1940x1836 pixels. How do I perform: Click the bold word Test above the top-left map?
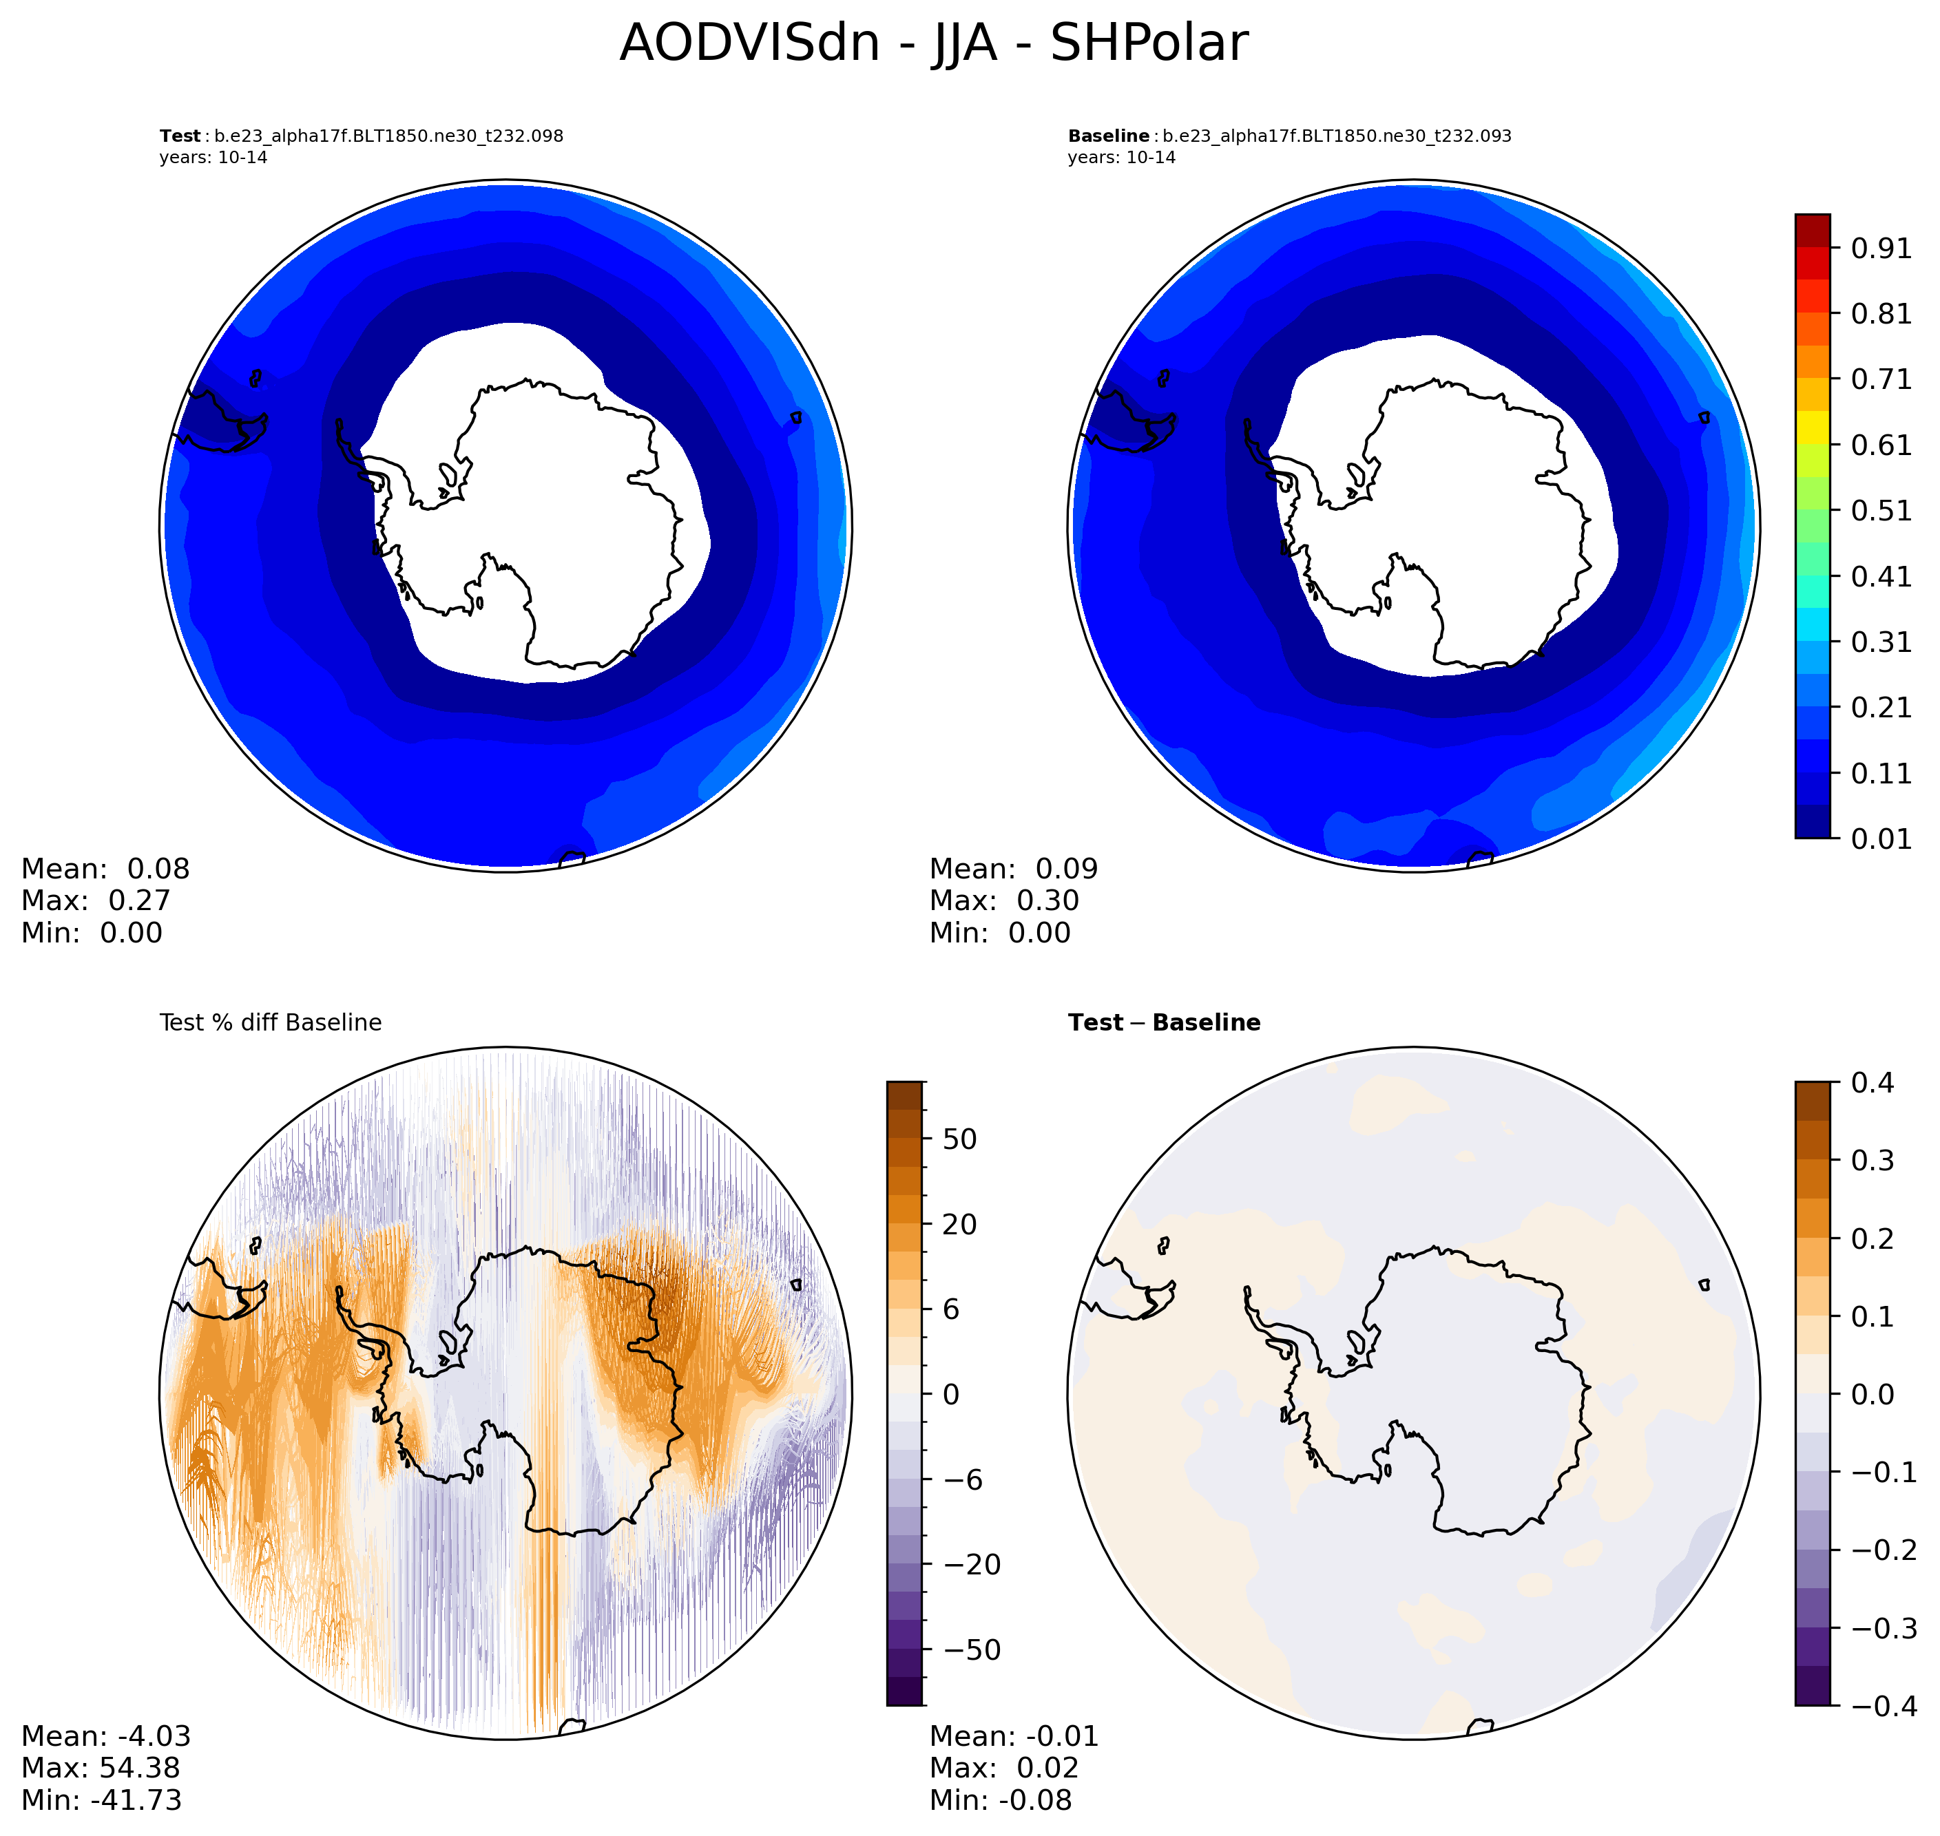(x=180, y=136)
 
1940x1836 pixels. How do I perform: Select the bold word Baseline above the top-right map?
(x=1108, y=136)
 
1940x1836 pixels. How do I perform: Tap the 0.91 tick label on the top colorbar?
(x=1880, y=249)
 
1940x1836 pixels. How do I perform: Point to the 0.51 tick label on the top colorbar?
(x=1880, y=511)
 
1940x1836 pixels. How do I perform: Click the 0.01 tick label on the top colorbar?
(x=1880, y=838)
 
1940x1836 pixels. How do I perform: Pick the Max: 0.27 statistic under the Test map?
(x=96, y=900)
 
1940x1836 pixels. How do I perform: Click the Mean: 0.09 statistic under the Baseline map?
(x=1013, y=869)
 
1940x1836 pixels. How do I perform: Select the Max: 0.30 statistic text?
(x=1004, y=900)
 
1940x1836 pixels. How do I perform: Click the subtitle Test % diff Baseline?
(x=270, y=1023)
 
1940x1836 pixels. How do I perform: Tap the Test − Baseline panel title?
(x=1164, y=1023)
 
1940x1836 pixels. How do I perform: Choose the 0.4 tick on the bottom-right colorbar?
(x=1873, y=1082)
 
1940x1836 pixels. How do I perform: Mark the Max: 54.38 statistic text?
(x=101, y=1767)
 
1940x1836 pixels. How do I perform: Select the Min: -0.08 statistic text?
(x=1001, y=1800)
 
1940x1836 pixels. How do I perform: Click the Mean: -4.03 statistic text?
(x=105, y=1736)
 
